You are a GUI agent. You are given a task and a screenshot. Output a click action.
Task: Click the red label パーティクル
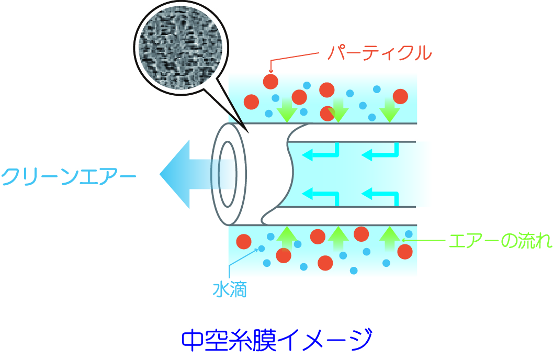(x=379, y=52)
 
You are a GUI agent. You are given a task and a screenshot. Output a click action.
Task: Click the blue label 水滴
(x=229, y=289)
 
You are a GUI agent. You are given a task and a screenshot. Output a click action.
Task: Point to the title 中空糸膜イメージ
(x=277, y=340)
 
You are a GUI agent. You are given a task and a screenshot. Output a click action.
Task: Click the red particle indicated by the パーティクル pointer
(x=270, y=81)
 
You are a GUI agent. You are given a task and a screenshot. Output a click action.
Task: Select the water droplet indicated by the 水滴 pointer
(x=261, y=249)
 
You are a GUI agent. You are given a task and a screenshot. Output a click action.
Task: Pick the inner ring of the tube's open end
(x=229, y=174)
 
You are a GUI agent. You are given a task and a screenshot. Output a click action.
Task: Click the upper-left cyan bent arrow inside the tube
(x=323, y=153)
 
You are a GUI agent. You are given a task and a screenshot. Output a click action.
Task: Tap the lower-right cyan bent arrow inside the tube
(x=381, y=196)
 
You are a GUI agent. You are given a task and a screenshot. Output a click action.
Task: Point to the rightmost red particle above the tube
(x=400, y=96)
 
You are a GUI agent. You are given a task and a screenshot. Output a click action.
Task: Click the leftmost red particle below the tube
(x=244, y=242)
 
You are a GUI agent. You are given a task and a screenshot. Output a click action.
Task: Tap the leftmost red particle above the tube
(x=252, y=102)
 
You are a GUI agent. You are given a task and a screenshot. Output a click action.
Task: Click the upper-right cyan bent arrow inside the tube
(x=381, y=153)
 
